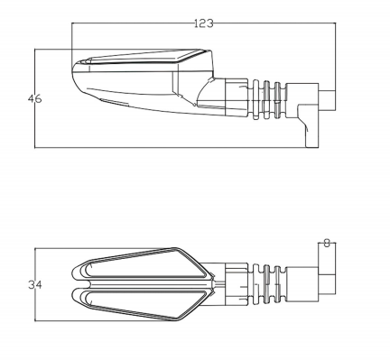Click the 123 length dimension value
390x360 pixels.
(x=204, y=23)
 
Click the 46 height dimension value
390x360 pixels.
(x=34, y=98)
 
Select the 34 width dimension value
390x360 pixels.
(x=35, y=284)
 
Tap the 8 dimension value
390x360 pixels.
(x=327, y=243)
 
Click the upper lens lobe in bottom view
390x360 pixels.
(x=142, y=264)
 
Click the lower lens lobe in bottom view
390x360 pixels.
(x=142, y=304)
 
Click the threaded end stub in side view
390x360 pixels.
(x=327, y=100)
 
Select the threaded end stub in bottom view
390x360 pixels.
(x=327, y=283)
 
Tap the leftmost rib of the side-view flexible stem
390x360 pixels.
(x=255, y=100)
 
